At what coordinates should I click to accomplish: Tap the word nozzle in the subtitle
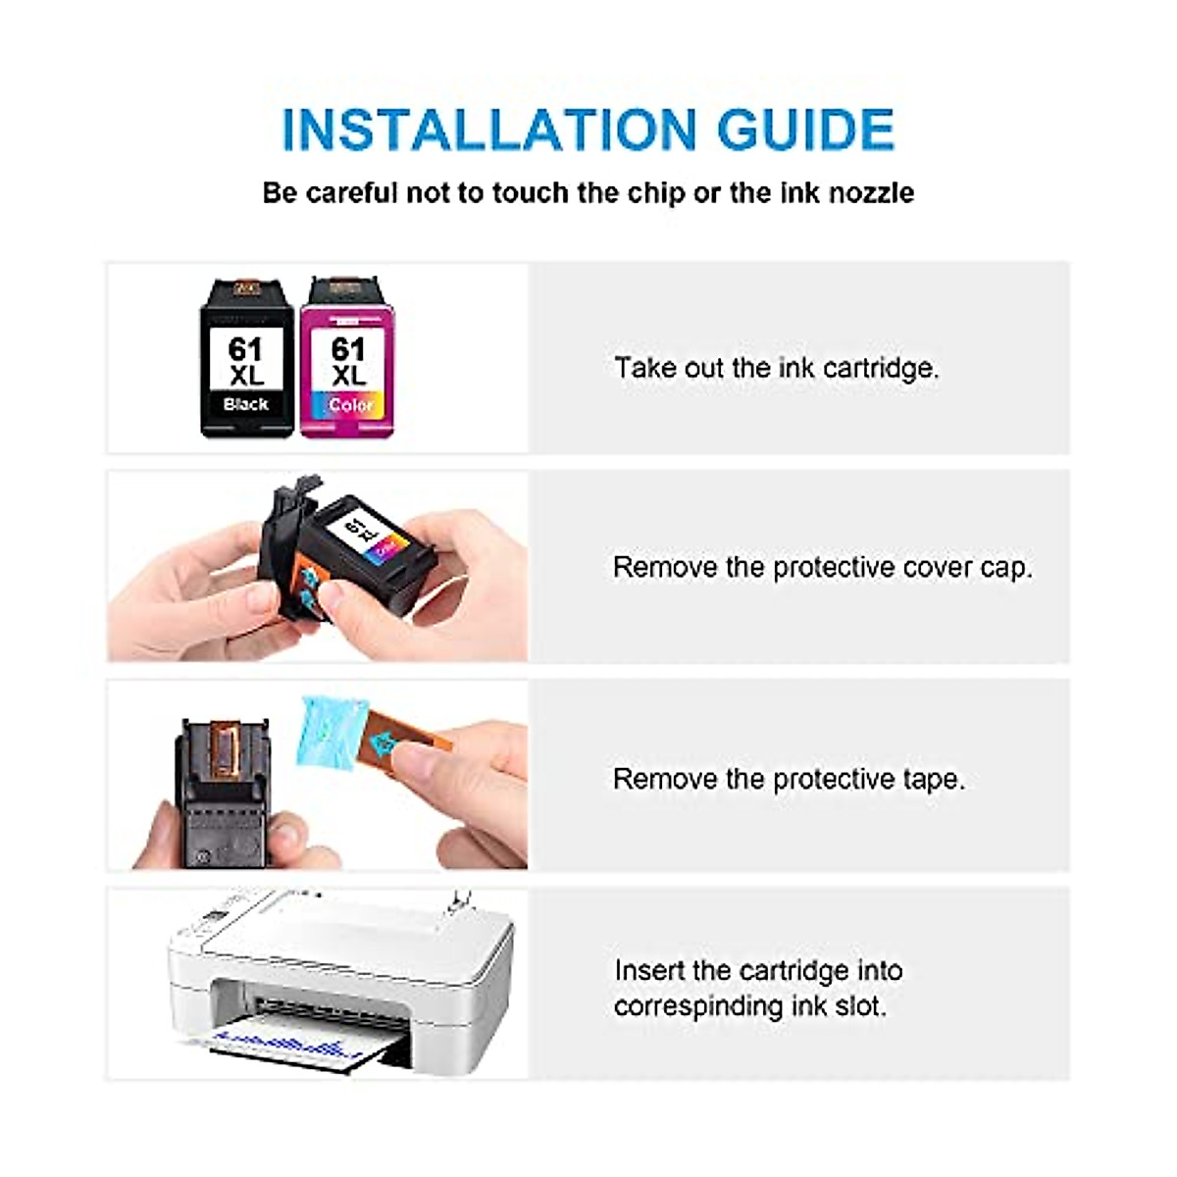click(872, 192)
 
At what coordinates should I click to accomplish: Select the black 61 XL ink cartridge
click(246, 359)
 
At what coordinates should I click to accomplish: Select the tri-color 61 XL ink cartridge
click(348, 359)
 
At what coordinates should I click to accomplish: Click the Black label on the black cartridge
click(245, 404)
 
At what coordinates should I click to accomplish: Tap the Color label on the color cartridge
click(350, 404)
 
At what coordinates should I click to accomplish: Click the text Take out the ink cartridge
click(776, 368)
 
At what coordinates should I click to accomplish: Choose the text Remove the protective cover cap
click(822, 567)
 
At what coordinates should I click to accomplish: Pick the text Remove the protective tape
click(789, 779)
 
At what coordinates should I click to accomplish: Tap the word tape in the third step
click(933, 779)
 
